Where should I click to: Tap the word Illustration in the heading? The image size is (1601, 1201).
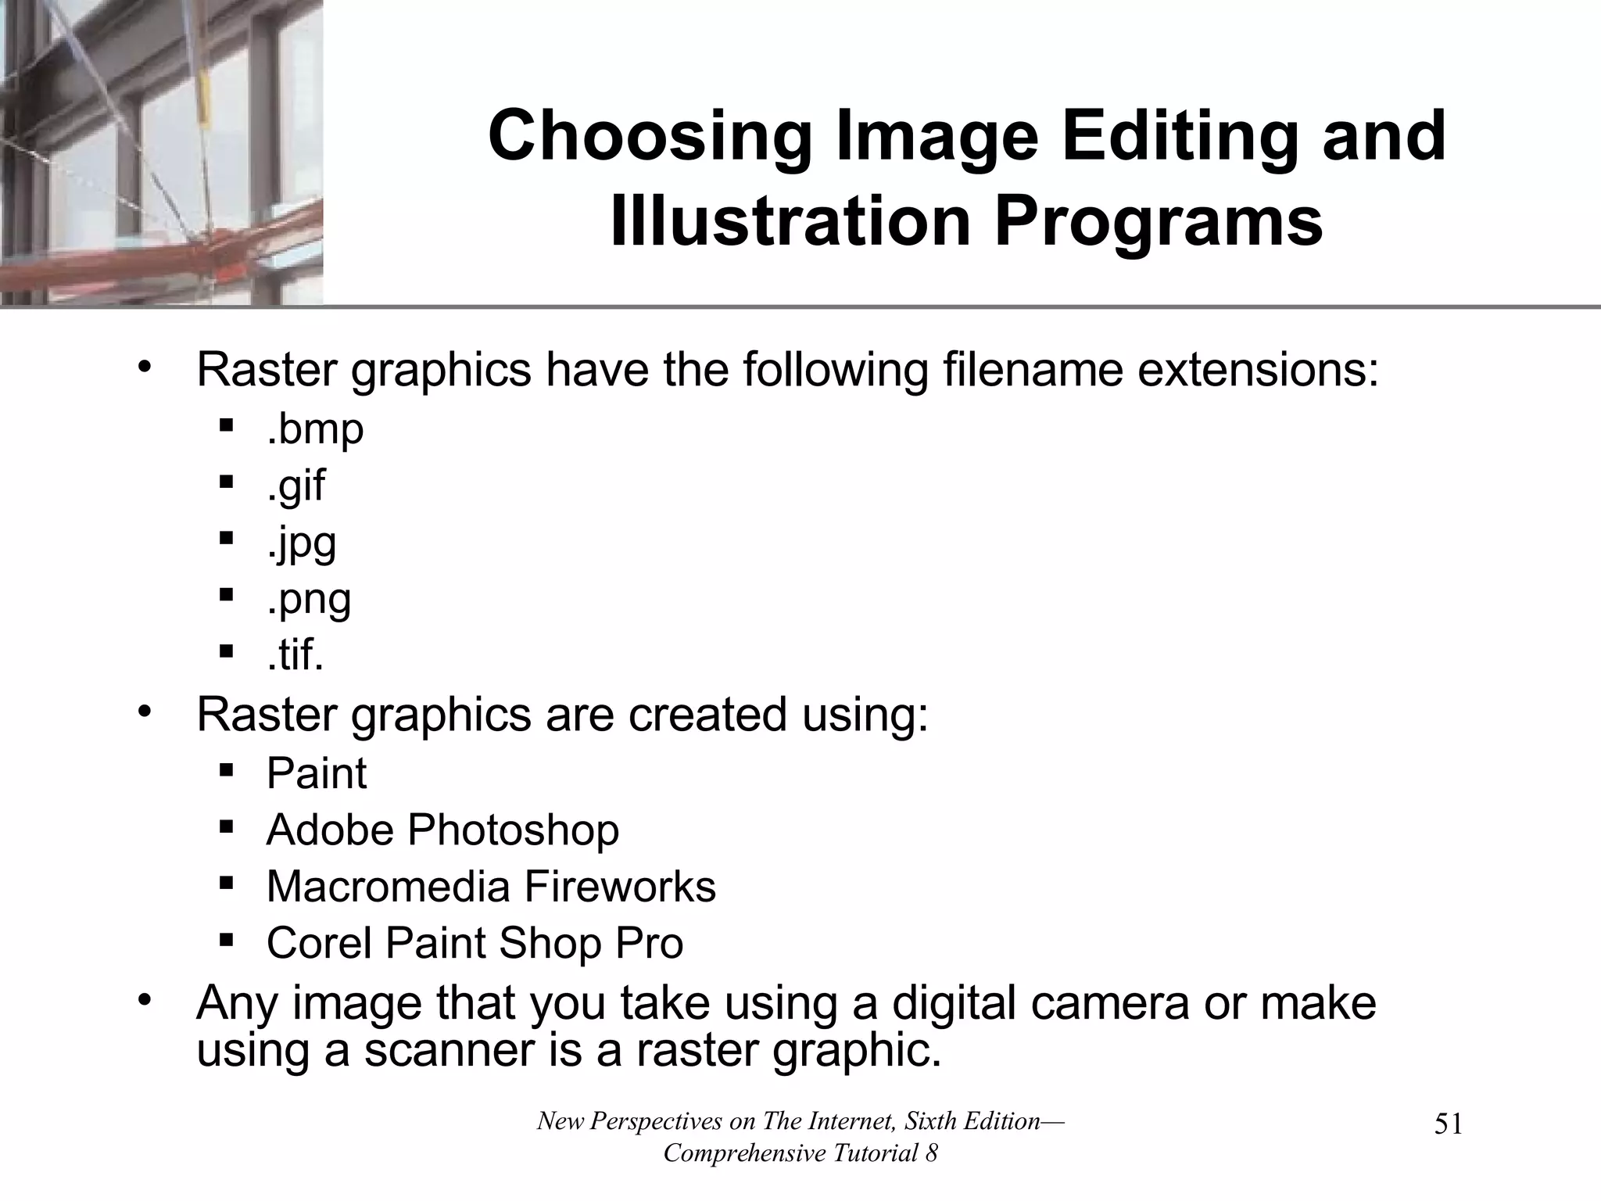pyautogui.click(x=790, y=223)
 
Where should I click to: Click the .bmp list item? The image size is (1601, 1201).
pyautogui.click(x=315, y=429)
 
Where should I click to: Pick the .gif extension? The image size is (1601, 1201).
pyautogui.click(x=295, y=486)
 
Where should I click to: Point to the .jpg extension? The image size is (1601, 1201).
pyautogui.click(x=301, y=543)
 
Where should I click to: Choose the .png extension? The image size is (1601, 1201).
pyautogui.click(x=309, y=600)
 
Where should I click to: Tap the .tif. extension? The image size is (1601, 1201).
pyautogui.click(x=295, y=655)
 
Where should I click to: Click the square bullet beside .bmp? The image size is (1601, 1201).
pyautogui.click(x=227, y=427)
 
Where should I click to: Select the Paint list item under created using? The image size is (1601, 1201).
pyautogui.click(x=316, y=773)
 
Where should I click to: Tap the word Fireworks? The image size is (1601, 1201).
pyautogui.click(x=620, y=887)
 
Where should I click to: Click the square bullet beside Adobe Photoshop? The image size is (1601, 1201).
pyautogui.click(x=227, y=827)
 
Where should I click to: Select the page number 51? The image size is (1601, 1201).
pyautogui.click(x=1449, y=1124)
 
